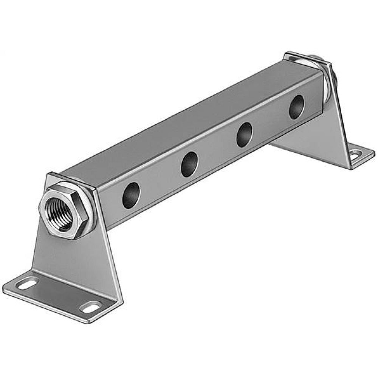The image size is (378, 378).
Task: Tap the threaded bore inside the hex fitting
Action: [x=59, y=214]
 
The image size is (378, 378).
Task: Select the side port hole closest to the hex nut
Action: [x=131, y=195]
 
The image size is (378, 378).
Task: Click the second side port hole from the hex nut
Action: [x=189, y=164]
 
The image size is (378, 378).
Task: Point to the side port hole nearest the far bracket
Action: [x=296, y=107]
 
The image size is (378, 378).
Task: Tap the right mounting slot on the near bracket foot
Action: [x=91, y=307]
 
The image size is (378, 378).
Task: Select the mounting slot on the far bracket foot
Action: [x=355, y=153]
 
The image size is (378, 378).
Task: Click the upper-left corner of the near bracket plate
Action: [x=48, y=175]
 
